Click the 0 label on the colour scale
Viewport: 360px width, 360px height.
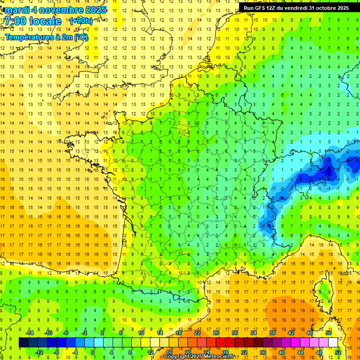pos(93,352)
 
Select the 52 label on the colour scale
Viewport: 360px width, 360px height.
pos(337,352)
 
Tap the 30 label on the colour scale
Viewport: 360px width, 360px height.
pos(234,333)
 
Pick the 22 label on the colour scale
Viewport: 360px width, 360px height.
pos(197,333)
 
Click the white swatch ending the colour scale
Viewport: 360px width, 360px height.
pos(333,343)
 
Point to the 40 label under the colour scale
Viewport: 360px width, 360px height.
pos(282,352)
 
